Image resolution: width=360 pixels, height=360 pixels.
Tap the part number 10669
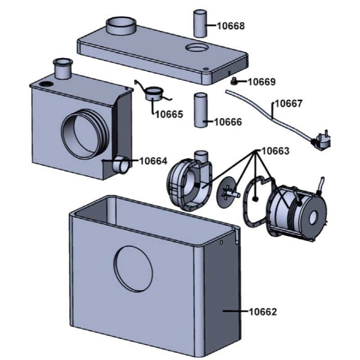point(261,82)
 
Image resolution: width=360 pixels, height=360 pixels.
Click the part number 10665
point(169,114)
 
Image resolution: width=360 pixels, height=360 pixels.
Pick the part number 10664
point(153,161)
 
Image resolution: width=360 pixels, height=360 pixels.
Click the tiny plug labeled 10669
point(234,81)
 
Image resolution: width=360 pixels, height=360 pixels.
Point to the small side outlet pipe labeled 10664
point(121,166)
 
